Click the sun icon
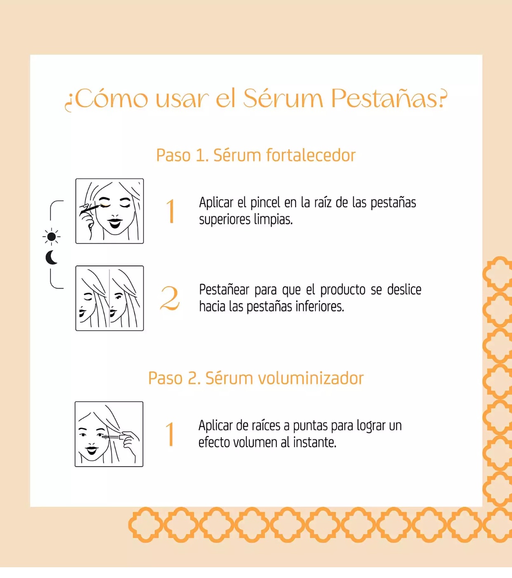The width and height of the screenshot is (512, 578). (51, 237)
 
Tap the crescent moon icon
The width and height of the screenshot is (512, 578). (52, 258)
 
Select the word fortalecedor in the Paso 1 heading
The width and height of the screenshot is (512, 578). (311, 156)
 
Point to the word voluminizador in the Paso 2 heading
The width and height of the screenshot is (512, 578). (311, 378)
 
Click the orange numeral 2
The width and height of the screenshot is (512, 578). (170, 298)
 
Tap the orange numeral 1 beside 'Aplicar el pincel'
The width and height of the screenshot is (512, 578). (171, 211)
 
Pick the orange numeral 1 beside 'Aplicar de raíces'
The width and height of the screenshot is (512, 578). (171, 434)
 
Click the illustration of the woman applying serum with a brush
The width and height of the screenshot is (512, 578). (109, 211)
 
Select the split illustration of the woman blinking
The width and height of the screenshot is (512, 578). (109, 298)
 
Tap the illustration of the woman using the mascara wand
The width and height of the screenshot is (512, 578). (109, 434)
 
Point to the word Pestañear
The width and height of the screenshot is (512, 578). (224, 290)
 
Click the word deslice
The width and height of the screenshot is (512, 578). (404, 290)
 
